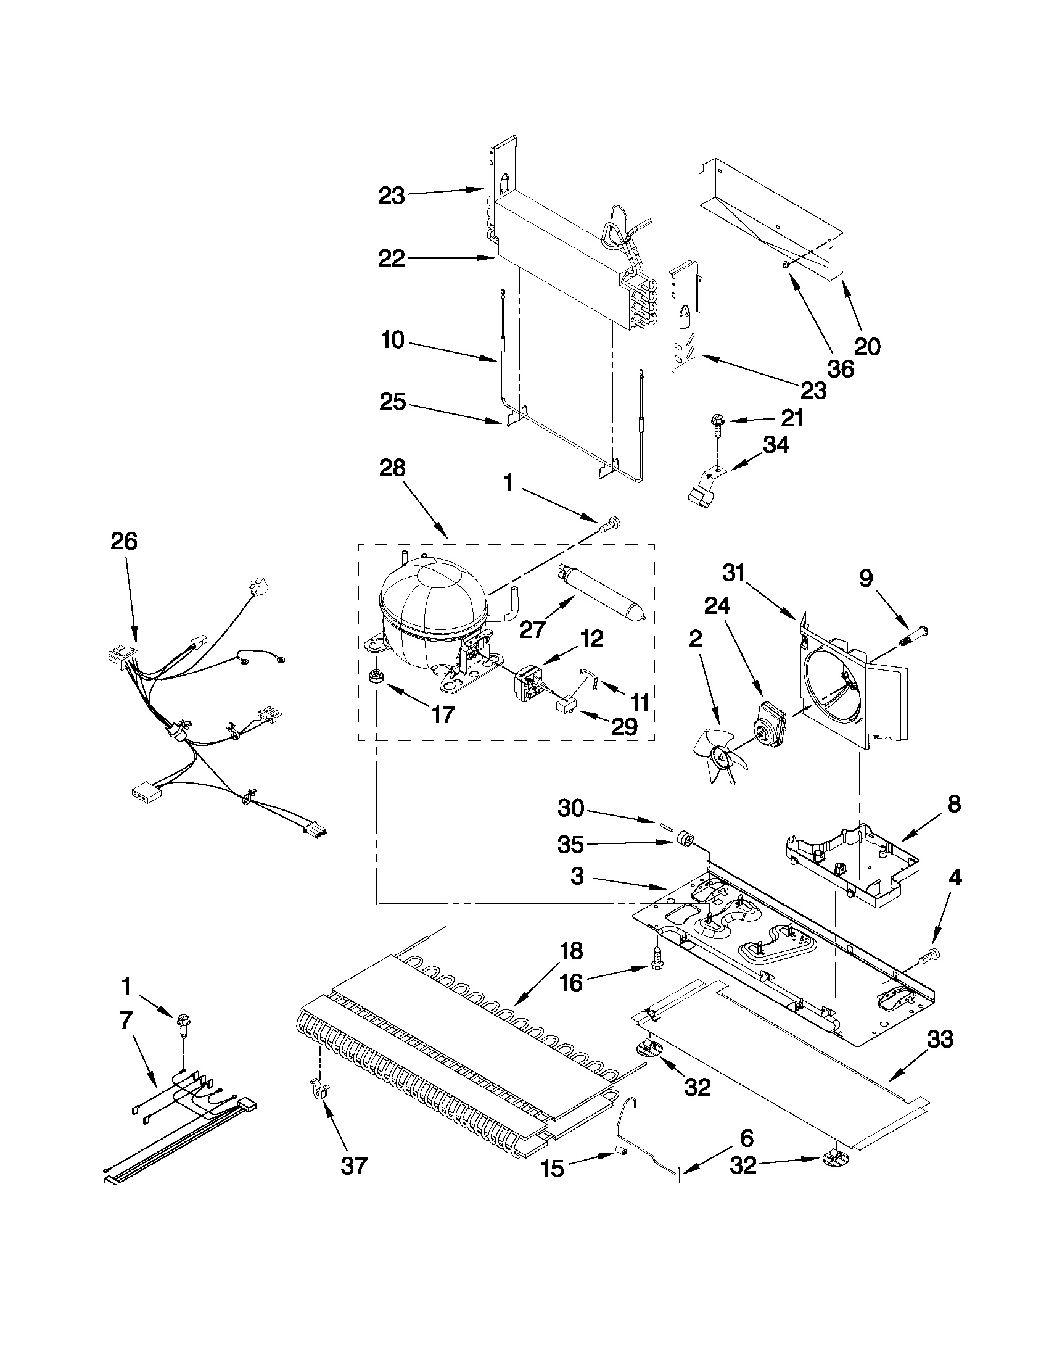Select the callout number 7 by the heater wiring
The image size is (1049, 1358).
pyautogui.click(x=126, y=1021)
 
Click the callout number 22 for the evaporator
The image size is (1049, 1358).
pyautogui.click(x=392, y=258)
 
